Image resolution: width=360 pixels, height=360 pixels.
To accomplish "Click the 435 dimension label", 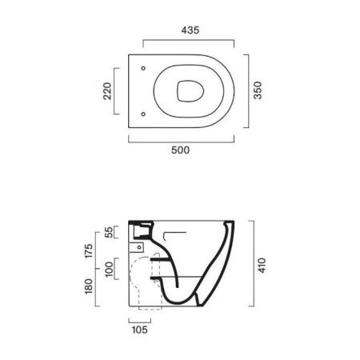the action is click(190, 30).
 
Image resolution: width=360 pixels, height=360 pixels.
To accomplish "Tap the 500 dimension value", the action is click(181, 150).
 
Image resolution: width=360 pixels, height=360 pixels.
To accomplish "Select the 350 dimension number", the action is click(258, 90).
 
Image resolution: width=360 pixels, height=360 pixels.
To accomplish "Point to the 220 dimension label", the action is click(107, 91).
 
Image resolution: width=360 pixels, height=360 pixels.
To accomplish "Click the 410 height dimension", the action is click(262, 266).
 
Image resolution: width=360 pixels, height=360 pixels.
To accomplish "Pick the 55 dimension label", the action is click(109, 232).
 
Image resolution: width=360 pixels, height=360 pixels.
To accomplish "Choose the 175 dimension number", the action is click(89, 250).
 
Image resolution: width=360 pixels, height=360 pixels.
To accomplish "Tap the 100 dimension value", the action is click(109, 270).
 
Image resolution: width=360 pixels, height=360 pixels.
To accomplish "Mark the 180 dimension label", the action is click(89, 286).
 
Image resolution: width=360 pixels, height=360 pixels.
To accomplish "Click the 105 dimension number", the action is click(140, 330).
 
